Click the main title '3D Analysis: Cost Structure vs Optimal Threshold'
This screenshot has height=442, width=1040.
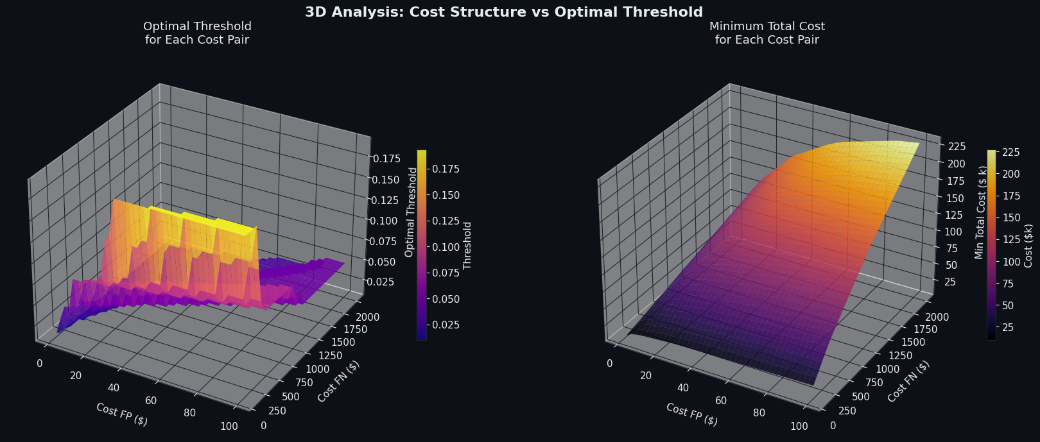coord(504,12)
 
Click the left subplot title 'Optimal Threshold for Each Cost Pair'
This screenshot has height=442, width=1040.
coord(197,33)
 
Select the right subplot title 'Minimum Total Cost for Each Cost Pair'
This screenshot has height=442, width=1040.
coord(767,33)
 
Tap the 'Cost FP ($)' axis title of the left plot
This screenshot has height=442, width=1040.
coord(122,414)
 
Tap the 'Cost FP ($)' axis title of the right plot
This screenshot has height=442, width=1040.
coord(691,414)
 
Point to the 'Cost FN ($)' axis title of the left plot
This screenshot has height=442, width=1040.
coord(338,382)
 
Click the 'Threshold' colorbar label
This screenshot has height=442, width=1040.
coord(467,245)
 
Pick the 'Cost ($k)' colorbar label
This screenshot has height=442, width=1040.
coord(1028,246)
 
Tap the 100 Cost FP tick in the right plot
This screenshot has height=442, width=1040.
coord(799,427)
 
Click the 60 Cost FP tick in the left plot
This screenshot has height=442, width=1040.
coord(152,401)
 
